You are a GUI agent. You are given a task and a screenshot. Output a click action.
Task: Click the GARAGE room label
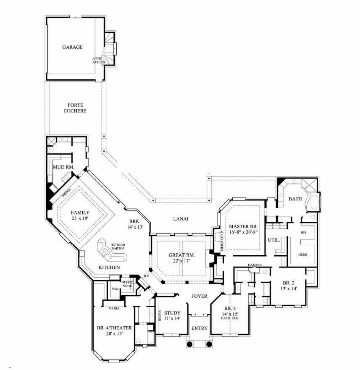tap(72, 47)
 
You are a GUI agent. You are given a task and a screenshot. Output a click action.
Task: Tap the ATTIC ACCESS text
tap(99, 60)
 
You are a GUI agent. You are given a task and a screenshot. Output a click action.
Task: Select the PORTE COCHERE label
tap(75, 108)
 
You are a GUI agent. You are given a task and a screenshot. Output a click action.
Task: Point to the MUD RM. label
tap(63, 167)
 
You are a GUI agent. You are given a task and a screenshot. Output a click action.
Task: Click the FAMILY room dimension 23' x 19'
tap(80, 219)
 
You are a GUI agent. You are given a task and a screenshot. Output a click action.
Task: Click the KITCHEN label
tap(109, 268)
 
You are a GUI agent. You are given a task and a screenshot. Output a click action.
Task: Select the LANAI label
tap(181, 219)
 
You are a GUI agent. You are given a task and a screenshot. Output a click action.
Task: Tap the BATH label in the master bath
tap(295, 199)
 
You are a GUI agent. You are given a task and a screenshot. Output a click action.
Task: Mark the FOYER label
tap(199, 296)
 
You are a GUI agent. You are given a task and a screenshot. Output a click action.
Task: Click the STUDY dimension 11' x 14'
tap(172, 319)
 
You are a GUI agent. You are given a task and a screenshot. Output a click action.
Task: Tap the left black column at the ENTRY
tap(189, 344)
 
